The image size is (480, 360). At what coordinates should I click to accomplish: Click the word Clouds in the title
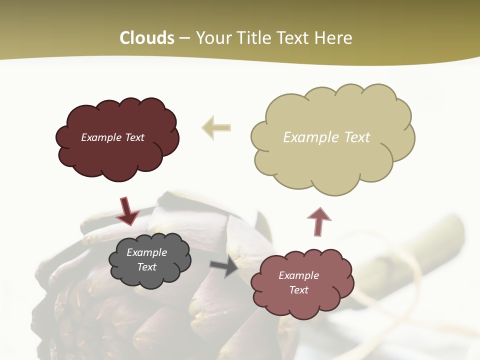coord(147,38)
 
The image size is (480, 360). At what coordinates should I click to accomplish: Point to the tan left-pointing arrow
coord(216,127)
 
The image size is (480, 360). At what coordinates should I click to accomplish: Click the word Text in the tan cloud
coord(357,137)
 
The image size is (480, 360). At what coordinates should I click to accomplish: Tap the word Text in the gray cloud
coord(146,267)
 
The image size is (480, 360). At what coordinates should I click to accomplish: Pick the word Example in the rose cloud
coord(298,275)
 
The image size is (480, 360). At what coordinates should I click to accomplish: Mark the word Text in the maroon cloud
coord(134,137)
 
